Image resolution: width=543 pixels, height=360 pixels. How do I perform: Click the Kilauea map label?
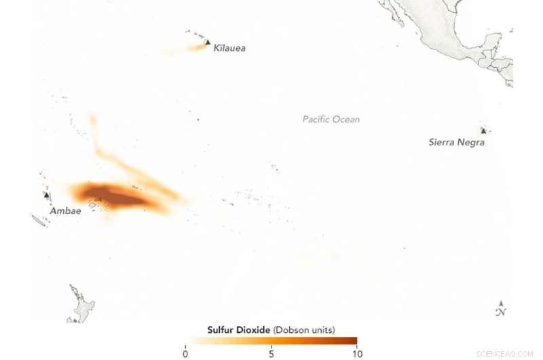pos(229,48)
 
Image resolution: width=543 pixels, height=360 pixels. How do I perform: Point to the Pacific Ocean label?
pos(331,120)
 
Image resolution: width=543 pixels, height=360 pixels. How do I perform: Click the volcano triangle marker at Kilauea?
pos(207,42)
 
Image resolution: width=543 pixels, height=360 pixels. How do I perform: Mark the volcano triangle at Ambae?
pos(46,195)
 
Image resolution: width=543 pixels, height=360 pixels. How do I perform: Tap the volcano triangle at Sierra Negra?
pos(483,130)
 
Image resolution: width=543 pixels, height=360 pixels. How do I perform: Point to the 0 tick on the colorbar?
pos(185,353)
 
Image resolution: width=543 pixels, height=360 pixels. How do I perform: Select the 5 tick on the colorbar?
pos(271,353)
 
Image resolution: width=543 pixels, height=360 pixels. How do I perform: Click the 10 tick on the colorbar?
pos(356,353)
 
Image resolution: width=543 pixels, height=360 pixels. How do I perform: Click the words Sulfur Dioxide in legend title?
pos(239,329)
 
